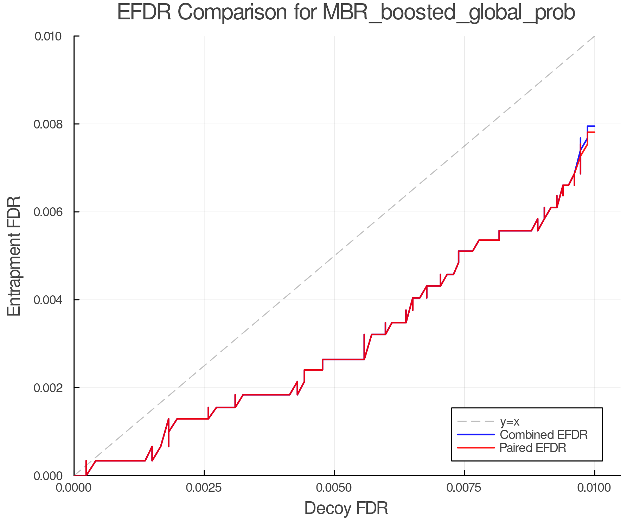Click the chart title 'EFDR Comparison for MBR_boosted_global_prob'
point(346,13)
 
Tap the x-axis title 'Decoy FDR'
point(346,508)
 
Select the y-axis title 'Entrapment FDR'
point(14,256)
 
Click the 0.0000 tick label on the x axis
point(74,488)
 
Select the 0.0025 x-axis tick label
point(204,488)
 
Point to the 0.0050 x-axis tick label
point(334,488)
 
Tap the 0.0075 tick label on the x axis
point(464,488)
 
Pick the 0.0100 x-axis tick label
point(594,488)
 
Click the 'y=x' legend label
point(510,422)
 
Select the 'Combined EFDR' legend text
point(543,435)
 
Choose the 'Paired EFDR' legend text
point(533,448)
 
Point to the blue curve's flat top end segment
point(591,126)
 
